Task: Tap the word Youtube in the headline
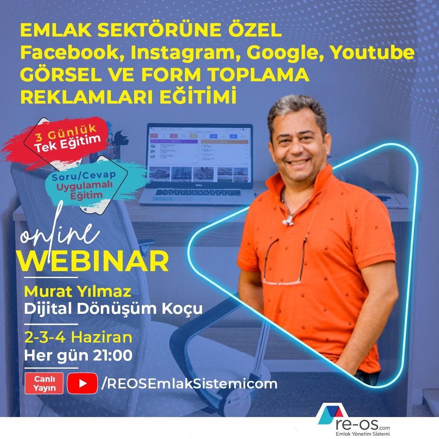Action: tap(372, 52)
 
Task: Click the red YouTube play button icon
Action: tap(82, 383)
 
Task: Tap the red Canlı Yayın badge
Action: tap(44, 383)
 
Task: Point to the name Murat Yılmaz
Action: tap(78, 291)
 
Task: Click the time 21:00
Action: tap(113, 355)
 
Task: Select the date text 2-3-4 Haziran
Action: tap(78, 337)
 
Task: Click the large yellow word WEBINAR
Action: tap(93, 261)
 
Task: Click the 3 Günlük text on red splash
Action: tap(66, 133)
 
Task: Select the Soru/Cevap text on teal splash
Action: tap(84, 176)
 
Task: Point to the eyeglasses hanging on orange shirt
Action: tap(284, 261)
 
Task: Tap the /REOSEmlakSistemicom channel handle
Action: tap(189, 384)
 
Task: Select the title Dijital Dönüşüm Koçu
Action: tap(113, 309)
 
